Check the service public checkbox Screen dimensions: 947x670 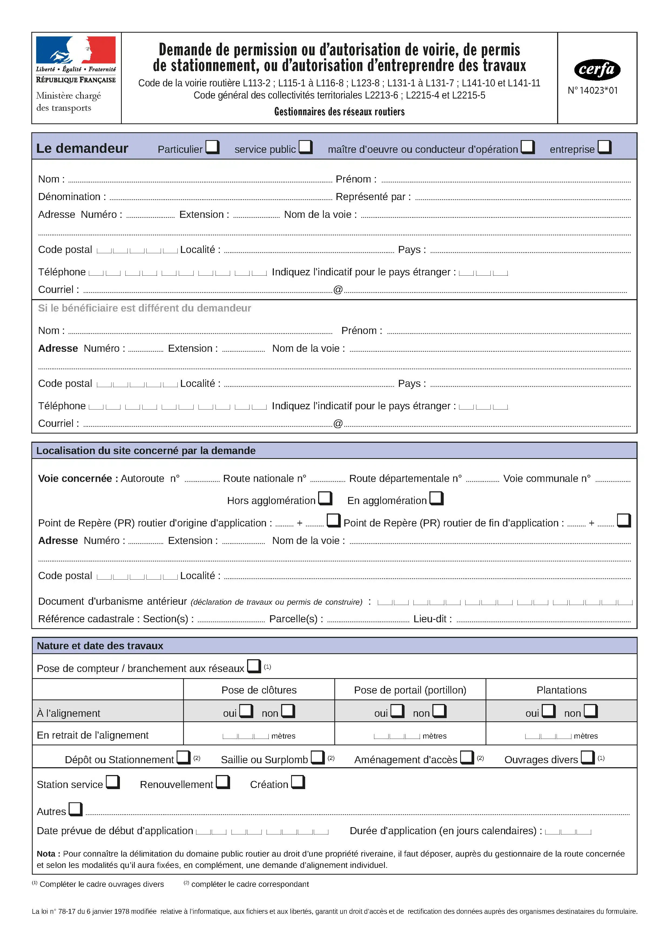(x=305, y=147)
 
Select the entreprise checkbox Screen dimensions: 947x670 (x=604, y=147)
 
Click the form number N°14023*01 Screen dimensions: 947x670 (x=593, y=90)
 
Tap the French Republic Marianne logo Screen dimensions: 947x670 (x=76, y=50)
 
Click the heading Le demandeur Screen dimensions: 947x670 (x=82, y=148)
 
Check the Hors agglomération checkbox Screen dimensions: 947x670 (x=325, y=498)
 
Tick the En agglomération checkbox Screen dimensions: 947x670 (x=436, y=498)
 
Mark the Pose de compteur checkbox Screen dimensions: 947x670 (x=254, y=666)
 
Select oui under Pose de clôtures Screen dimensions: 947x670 (x=246, y=711)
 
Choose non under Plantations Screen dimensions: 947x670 (x=590, y=711)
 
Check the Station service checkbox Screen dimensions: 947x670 (x=113, y=782)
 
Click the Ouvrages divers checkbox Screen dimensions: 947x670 (x=587, y=757)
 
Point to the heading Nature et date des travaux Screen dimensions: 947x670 (x=100, y=646)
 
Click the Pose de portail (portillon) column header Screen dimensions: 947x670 (x=410, y=690)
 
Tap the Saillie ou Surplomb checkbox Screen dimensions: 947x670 (x=317, y=757)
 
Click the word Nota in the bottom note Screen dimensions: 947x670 (x=46, y=854)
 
